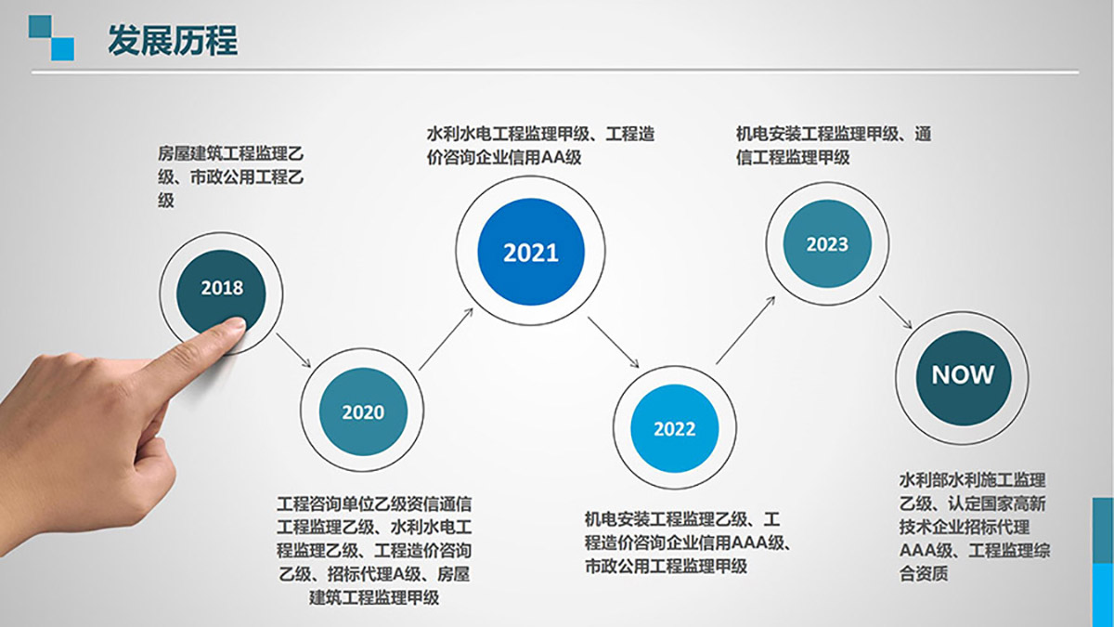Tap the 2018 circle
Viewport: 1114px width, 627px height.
pyautogui.click(x=221, y=287)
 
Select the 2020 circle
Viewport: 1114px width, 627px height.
pyautogui.click(x=362, y=411)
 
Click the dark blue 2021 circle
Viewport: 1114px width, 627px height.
pyautogui.click(x=530, y=252)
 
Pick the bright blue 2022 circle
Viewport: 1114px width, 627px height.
pyautogui.click(x=674, y=428)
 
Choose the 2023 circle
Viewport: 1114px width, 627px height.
pyautogui.click(x=826, y=244)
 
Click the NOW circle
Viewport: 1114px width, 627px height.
pyautogui.click(x=963, y=375)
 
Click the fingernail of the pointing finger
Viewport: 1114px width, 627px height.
pyautogui.click(x=232, y=328)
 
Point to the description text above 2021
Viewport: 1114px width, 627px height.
pyautogui.click(x=540, y=145)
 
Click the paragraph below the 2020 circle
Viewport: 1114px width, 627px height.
pyautogui.click(x=374, y=551)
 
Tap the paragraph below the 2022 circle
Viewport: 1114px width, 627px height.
pyautogui.click(x=687, y=541)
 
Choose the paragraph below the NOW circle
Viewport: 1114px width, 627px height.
pyautogui.click(x=972, y=527)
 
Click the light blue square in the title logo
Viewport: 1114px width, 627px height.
pyautogui.click(x=62, y=49)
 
